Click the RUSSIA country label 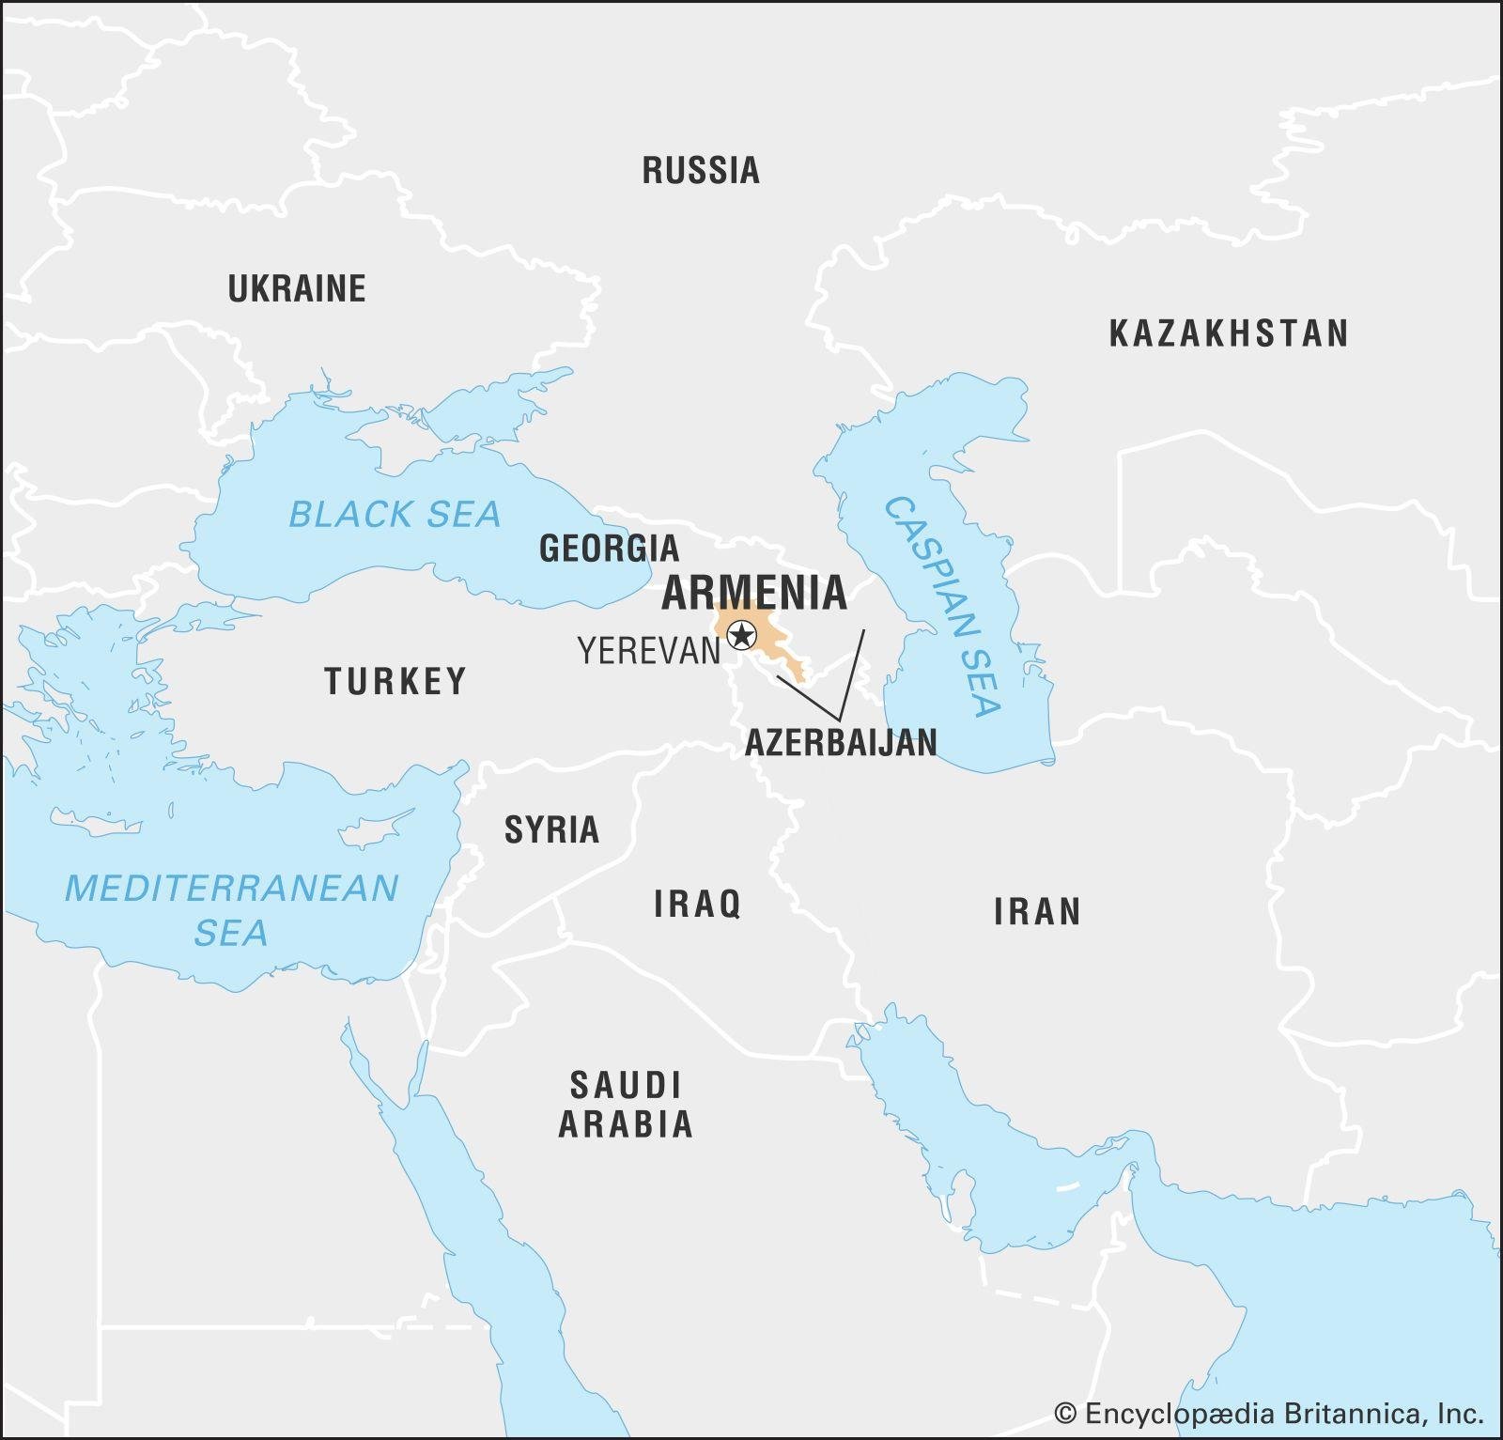[701, 171]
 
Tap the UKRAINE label [297, 288]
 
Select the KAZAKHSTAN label [1229, 333]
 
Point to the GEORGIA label [609, 549]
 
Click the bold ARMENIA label [754, 593]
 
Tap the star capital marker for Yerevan [742, 636]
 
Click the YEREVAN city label [648, 651]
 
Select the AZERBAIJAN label [841, 742]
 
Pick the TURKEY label [395, 681]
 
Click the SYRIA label [551, 829]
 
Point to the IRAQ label [697, 904]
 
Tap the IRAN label [1037, 911]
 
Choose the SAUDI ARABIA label [626, 1105]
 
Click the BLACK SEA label [395, 515]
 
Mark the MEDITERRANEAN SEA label [231, 909]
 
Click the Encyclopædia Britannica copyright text [1268, 1413]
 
